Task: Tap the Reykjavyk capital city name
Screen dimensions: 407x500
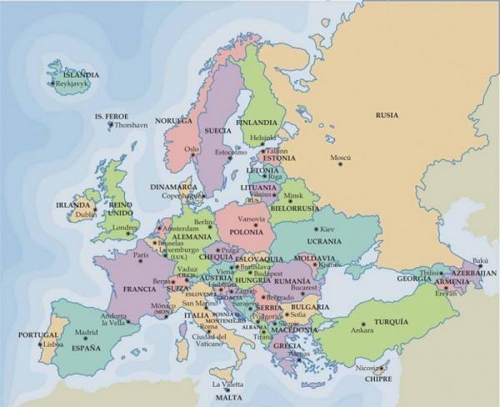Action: point(73,84)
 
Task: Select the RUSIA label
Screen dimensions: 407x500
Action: point(387,115)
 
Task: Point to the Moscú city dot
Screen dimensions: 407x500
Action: point(340,163)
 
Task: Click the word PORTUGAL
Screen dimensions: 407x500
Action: point(38,334)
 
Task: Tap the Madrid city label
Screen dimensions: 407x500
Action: point(87,333)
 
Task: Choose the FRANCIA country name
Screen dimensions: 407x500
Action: point(139,289)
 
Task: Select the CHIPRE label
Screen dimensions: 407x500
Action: point(377,378)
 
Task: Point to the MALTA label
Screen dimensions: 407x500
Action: point(227,398)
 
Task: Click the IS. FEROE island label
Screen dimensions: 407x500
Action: point(111,116)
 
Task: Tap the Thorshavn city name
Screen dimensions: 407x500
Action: point(129,125)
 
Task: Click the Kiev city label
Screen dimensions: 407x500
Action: point(327,229)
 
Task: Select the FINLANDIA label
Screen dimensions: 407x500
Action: point(257,122)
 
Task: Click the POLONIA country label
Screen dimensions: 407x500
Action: point(246,231)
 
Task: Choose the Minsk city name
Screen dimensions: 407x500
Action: point(294,196)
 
